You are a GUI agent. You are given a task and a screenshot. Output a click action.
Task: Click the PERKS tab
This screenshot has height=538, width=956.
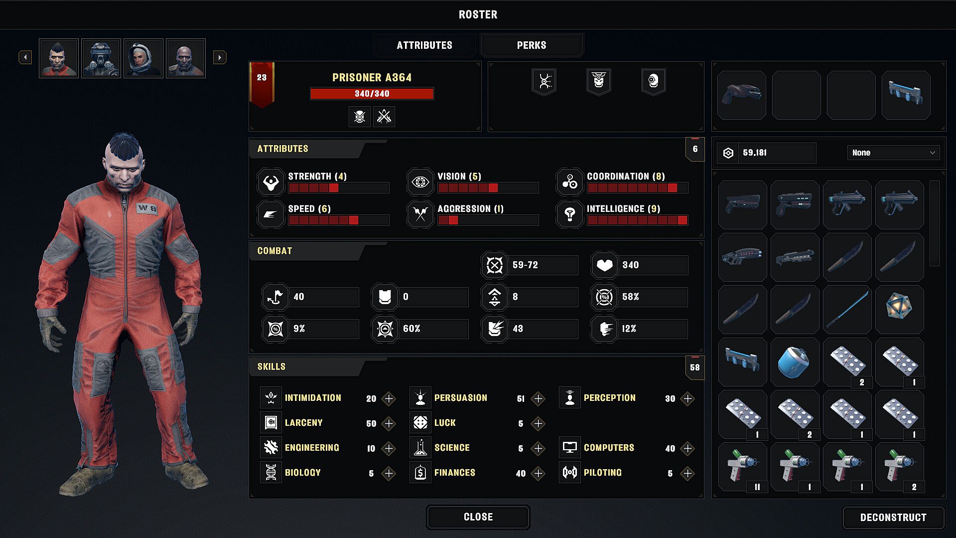pos(532,45)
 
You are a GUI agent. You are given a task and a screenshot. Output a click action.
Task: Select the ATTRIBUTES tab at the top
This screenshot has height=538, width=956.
pos(424,45)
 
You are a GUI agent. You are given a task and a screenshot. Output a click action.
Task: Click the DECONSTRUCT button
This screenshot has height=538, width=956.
pos(893,518)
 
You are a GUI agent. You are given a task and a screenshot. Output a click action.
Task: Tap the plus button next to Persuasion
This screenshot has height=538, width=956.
pos(538,398)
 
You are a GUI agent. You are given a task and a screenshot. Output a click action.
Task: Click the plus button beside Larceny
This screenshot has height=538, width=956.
pos(389,423)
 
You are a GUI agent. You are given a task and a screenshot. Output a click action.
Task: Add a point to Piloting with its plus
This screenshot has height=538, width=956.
pos(687,473)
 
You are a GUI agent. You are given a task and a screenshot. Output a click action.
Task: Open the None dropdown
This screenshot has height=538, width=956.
pos(893,153)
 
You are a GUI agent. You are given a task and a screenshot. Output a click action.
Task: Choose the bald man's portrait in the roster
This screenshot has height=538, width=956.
pos(186,58)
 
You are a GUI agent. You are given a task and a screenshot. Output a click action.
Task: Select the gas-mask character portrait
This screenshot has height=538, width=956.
pos(101,58)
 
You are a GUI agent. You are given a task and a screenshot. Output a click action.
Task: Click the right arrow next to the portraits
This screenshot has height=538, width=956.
pos(220,57)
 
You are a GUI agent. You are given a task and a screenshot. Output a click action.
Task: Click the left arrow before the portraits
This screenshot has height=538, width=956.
pos(25,57)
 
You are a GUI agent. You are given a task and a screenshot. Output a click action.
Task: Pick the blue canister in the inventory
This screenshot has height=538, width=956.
pos(795,362)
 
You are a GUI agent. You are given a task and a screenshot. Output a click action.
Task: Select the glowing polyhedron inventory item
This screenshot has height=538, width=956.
pos(899,310)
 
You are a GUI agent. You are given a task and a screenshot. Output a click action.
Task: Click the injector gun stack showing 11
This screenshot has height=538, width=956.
pos(742,467)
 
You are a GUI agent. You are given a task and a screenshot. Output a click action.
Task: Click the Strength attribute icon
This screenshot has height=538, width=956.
pos(271,182)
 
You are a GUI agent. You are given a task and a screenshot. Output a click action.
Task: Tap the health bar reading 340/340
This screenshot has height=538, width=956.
pos(372,94)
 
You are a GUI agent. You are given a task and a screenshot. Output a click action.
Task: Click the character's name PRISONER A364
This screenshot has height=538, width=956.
pos(372,78)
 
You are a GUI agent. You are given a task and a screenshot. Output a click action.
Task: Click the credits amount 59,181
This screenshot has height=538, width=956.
pos(755,153)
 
